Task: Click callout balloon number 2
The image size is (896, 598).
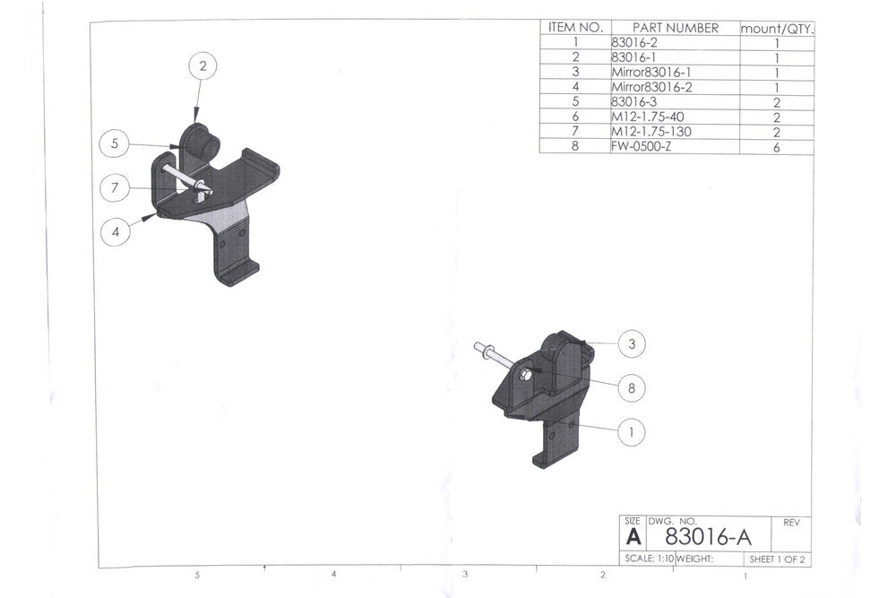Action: click(203, 65)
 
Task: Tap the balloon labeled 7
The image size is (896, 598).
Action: click(115, 188)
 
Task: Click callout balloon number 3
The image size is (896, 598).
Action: click(632, 343)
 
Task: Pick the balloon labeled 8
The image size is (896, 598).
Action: click(632, 388)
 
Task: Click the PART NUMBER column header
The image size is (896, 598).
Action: click(675, 28)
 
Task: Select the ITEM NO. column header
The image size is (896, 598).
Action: click(574, 28)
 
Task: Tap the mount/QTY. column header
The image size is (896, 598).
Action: click(776, 28)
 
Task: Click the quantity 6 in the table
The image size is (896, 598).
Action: click(776, 146)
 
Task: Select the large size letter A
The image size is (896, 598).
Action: click(633, 537)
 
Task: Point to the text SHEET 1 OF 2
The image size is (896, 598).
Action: click(777, 559)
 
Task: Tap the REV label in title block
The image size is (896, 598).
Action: click(791, 522)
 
